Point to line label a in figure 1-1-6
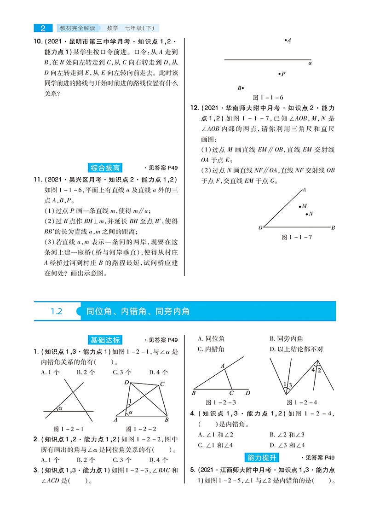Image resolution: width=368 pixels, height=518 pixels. (x=310, y=63)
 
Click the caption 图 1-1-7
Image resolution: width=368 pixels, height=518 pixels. (x=297, y=237)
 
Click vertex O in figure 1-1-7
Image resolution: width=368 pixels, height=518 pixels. (x=260, y=227)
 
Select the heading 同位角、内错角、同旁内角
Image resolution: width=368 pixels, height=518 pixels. (x=138, y=311)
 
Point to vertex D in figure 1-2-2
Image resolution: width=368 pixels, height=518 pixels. (x=126, y=383)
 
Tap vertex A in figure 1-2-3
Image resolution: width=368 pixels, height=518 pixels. (x=222, y=366)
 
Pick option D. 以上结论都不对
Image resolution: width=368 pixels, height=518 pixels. (x=296, y=349)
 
